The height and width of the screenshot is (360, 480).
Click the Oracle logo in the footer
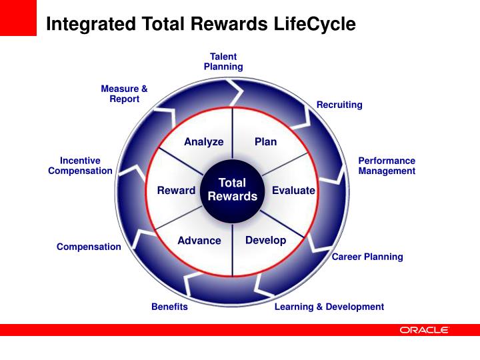click(425, 330)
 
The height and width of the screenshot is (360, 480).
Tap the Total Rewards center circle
click(232, 190)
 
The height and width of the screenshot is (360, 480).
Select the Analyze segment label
click(203, 142)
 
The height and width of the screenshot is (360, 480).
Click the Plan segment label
click(265, 142)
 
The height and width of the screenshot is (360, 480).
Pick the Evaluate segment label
click(293, 191)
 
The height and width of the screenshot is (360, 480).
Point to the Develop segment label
click(265, 240)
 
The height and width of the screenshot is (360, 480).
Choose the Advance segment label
click(199, 241)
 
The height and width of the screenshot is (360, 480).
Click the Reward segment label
click(176, 191)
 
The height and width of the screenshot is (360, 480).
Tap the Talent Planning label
click(223, 62)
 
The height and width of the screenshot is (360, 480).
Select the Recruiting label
click(339, 105)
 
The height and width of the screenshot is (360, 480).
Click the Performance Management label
click(387, 166)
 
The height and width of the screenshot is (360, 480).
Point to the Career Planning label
click(367, 257)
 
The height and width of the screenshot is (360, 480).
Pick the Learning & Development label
click(329, 307)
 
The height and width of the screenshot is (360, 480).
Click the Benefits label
click(169, 307)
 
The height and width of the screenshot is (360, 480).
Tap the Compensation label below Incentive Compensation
click(89, 247)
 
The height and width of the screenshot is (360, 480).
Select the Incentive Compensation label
click(80, 166)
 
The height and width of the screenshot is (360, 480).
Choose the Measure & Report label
click(124, 94)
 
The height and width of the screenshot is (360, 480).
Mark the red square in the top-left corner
click(18, 18)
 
